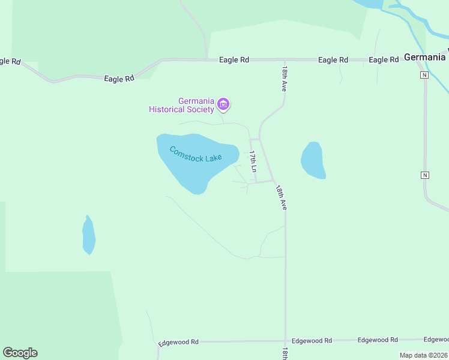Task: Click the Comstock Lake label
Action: (x=195, y=154)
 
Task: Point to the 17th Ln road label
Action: (x=253, y=163)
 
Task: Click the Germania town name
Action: (x=425, y=58)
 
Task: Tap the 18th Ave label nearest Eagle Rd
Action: (x=283, y=78)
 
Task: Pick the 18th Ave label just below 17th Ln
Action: (x=281, y=197)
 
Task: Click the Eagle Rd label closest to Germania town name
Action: (x=384, y=60)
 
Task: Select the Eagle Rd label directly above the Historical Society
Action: (x=234, y=60)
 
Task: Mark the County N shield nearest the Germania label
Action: (x=424, y=75)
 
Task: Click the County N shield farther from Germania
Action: (x=425, y=175)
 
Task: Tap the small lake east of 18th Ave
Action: (x=313, y=160)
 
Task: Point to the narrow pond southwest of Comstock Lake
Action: (x=89, y=235)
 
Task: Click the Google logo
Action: (x=20, y=353)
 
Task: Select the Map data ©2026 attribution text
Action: (x=423, y=355)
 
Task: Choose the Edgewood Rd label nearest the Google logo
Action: (x=178, y=343)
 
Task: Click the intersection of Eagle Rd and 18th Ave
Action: (x=284, y=60)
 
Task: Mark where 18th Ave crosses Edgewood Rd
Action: (x=285, y=341)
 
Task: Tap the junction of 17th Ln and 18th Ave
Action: (x=274, y=181)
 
